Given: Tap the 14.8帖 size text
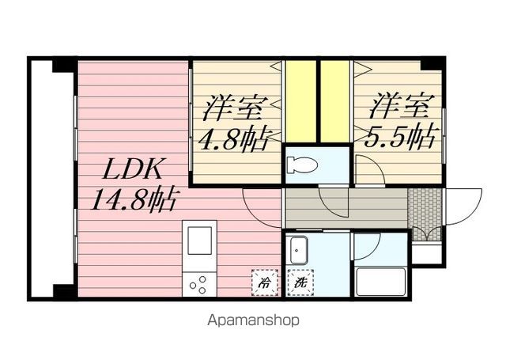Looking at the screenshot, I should (x=135, y=198).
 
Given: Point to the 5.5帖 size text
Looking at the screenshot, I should (x=400, y=136).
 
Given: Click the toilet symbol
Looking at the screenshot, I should (x=302, y=165).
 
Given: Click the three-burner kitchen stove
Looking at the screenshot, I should (x=198, y=283).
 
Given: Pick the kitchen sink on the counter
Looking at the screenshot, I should (x=198, y=238).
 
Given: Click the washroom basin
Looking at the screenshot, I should (x=298, y=252).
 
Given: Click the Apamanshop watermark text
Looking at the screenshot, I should (x=253, y=320).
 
